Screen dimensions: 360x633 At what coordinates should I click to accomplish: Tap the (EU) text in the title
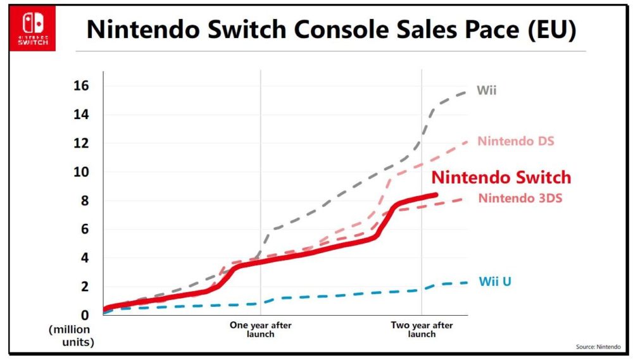[548, 30]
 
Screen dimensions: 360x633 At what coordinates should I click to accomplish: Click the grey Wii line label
[486, 90]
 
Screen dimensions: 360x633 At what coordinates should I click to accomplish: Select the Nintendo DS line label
[516, 140]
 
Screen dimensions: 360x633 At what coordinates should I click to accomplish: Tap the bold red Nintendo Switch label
[501, 177]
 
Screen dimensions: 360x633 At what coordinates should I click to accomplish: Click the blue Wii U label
[494, 281]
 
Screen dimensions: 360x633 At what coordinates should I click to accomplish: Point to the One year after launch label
[260, 330]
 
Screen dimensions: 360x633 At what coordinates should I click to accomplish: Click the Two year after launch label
[422, 330]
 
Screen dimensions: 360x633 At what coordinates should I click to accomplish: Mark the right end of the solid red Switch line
[436, 195]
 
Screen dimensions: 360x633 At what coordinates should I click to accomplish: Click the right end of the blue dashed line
[467, 282]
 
